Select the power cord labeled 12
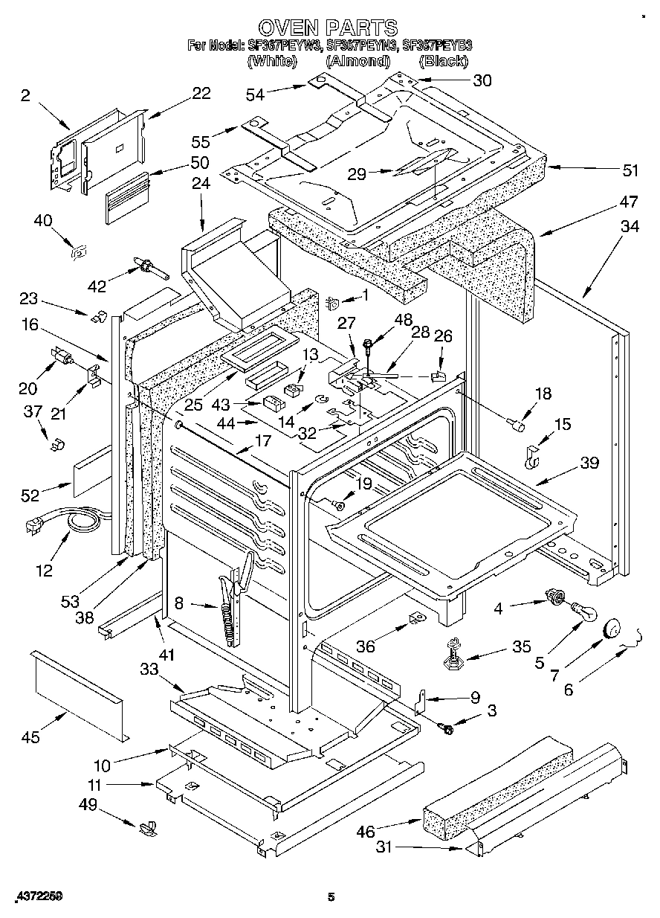coord(63,524)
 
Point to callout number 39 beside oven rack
coord(589,463)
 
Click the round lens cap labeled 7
coord(611,628)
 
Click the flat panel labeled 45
coord(78,694)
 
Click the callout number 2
coord(25,94)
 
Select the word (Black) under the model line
coord(443,61)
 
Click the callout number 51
coord(630,170)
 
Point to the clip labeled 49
coord(147,826)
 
